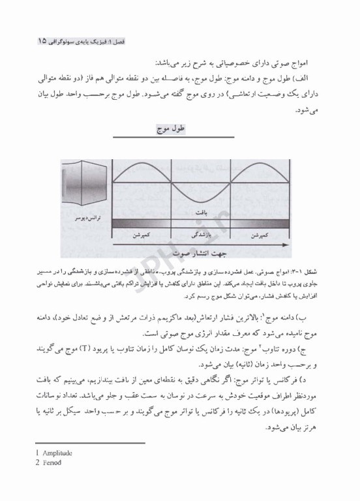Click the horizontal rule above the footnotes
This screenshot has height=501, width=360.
coord(89,443)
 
